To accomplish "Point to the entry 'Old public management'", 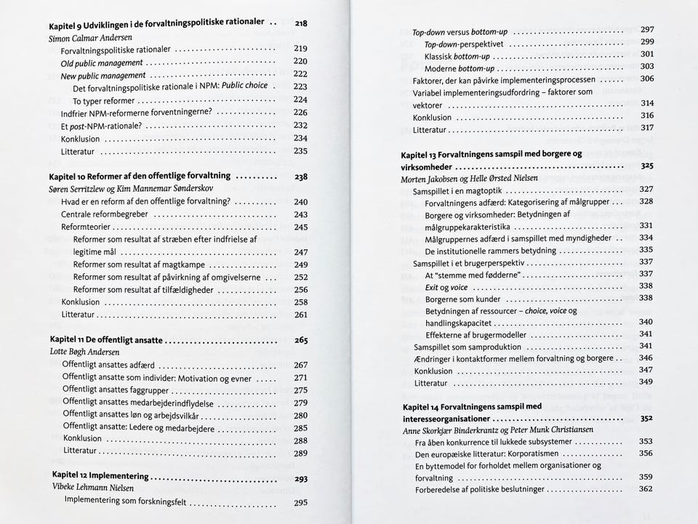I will (x=102, y=63).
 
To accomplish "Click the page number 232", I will (x=300, y=126).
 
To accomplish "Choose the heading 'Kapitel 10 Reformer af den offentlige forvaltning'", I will (x=140, y=176).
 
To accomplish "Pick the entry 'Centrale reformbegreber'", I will (x=105, y=214).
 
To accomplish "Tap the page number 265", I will (x=301, y=339).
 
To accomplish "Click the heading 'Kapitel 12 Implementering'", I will (x=100, y=476).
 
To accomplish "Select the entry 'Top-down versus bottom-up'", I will (x=460, y=32).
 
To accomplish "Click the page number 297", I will (x=647, y=30).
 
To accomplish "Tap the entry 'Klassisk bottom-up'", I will (x=457, y=56).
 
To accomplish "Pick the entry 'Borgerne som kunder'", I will (x=462, y=299).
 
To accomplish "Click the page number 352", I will (x=646, y=419).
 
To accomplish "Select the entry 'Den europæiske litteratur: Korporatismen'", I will (x=497, y=454).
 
